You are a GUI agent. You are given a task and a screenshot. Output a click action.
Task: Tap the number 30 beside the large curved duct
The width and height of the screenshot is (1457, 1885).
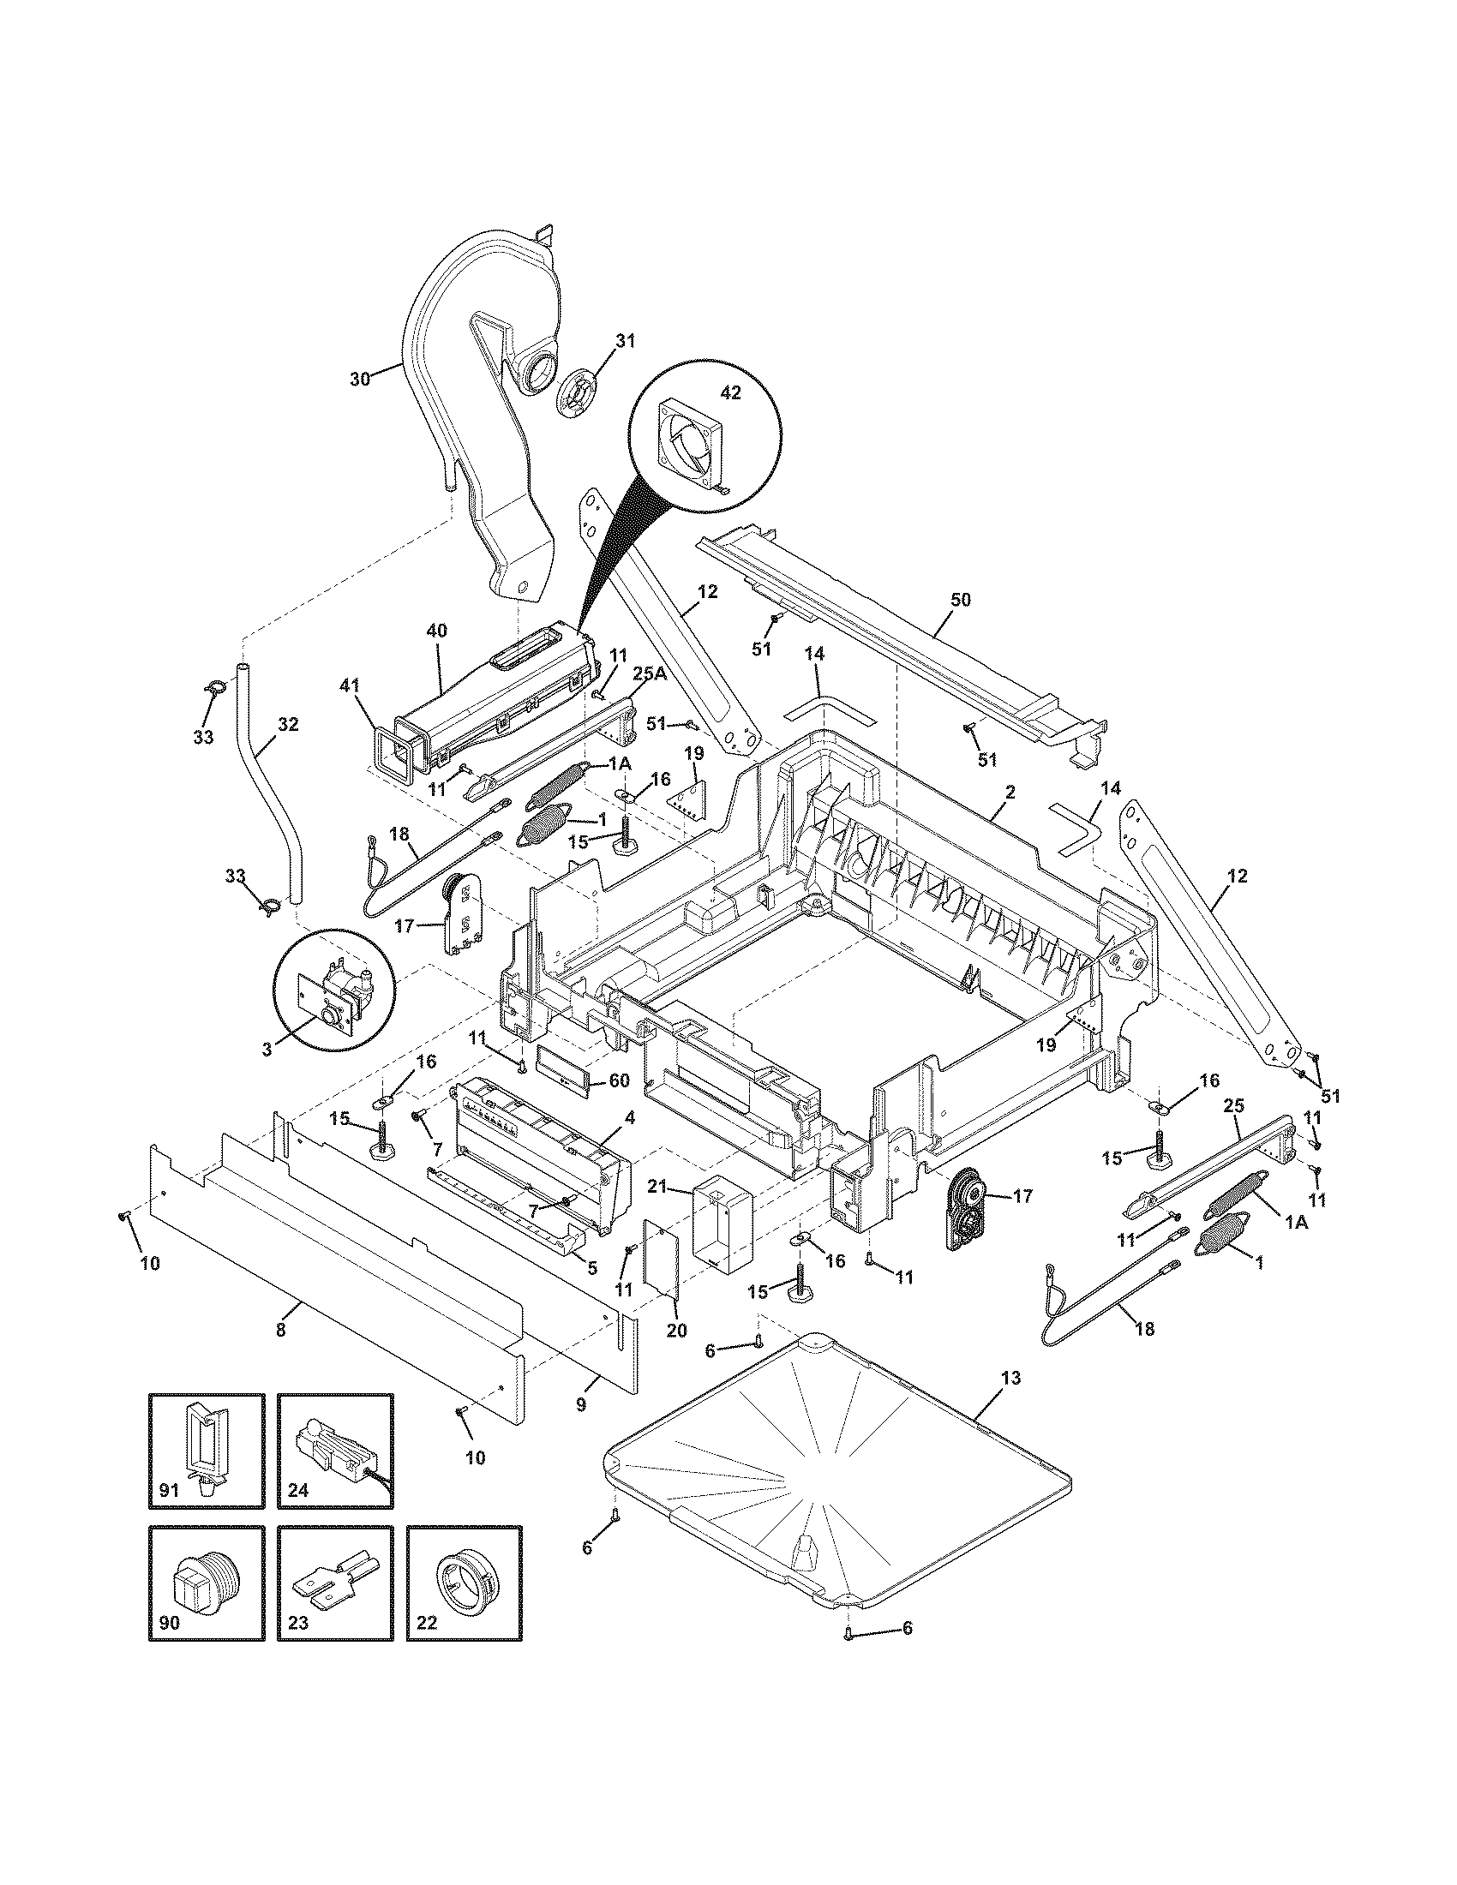360,378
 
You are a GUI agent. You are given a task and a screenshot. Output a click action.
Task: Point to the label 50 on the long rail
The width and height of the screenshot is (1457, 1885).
960,600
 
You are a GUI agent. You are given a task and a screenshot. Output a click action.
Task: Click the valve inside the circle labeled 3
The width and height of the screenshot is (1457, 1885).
333,996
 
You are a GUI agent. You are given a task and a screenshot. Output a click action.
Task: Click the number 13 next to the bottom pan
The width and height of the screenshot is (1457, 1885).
1010,1379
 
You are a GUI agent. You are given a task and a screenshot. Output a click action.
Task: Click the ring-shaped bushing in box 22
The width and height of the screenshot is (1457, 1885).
464,1580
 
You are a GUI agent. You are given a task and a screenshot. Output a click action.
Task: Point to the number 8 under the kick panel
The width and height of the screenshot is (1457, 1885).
280,1330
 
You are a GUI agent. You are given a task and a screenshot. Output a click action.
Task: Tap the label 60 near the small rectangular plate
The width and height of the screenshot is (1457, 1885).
618,1080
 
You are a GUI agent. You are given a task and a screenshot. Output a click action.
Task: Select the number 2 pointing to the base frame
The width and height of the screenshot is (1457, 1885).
1010,791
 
